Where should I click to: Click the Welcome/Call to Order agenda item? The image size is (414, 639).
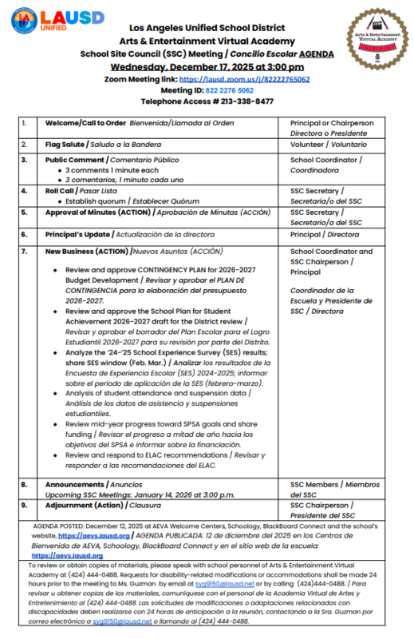85,123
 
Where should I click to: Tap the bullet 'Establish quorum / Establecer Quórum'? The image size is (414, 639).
127,201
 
